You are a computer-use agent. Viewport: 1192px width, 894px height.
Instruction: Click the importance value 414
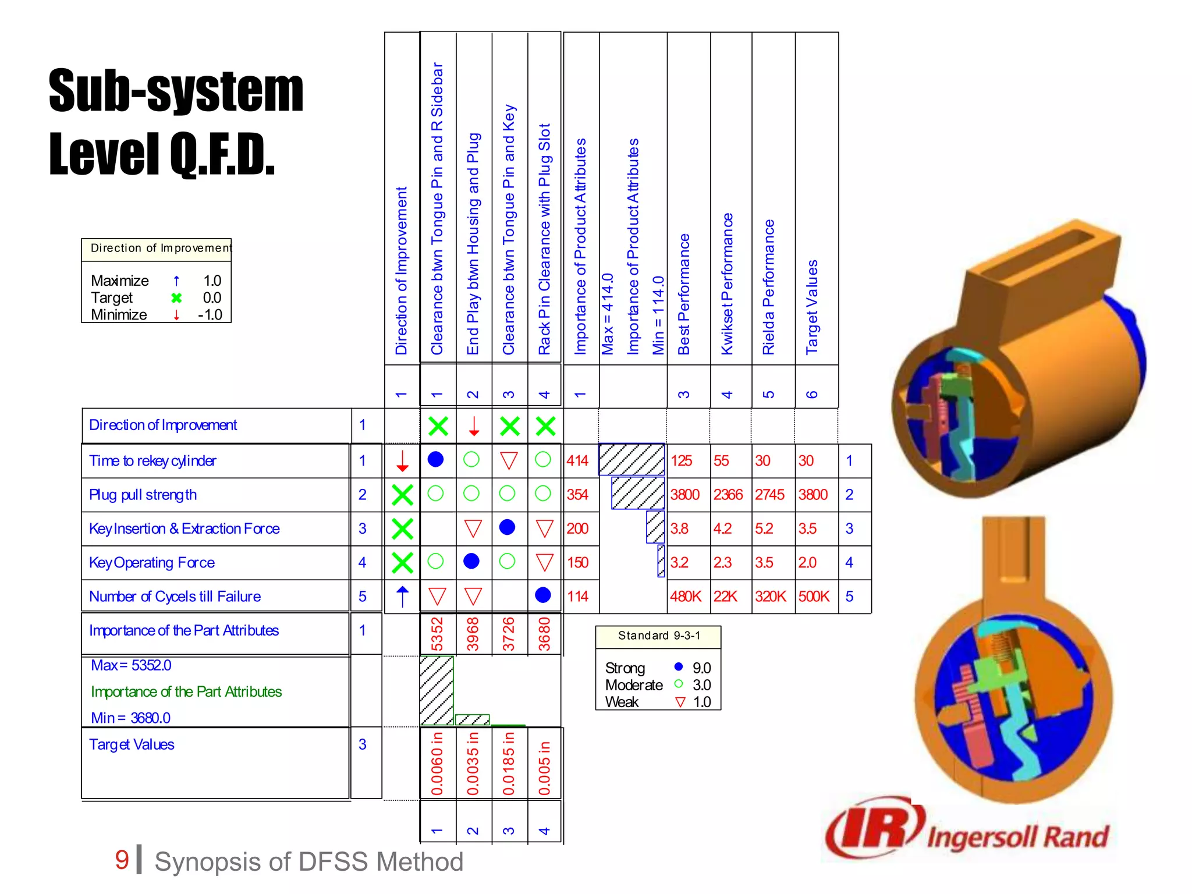coord(577,461)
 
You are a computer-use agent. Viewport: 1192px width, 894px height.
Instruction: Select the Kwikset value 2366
coord(728,495)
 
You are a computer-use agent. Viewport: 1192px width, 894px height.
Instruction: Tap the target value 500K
coord(814,597)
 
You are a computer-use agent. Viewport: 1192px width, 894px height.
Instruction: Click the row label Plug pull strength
coord(143,495)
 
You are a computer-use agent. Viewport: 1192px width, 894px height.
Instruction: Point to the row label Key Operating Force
coord(152,563)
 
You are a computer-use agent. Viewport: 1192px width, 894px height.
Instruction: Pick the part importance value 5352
coord(437,634)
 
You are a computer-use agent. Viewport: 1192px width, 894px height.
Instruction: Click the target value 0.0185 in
coord(509,763)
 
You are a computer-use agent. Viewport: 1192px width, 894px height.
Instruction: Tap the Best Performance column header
coord(684,294)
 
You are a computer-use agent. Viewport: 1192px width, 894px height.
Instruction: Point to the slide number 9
coord(122,860)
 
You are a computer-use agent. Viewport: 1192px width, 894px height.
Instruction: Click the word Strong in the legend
coord(625,668)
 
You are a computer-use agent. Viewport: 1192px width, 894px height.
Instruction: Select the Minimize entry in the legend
coord(119,315)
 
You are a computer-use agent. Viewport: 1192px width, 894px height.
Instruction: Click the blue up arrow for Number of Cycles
coord(402,597)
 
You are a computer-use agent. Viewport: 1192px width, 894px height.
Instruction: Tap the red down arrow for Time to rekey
coord(402,461)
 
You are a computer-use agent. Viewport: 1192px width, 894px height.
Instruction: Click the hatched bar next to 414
coord(632,460)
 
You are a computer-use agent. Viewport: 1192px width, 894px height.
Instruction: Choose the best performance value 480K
coord(686,597)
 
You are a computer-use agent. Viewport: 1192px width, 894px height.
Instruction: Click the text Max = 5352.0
coord(131,665)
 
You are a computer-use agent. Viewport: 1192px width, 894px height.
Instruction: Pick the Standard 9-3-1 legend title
coord(659,636)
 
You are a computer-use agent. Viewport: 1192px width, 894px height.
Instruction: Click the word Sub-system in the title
coord(176,91)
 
